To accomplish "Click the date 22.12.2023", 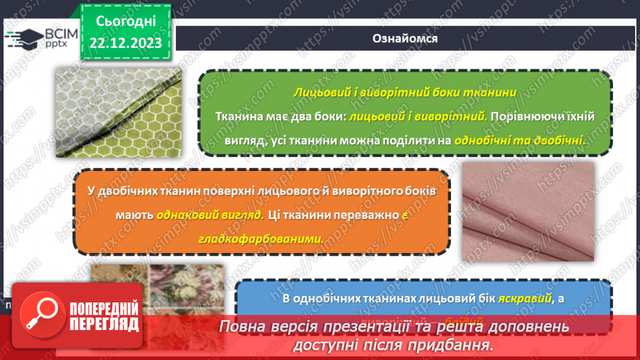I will tap(126, 43).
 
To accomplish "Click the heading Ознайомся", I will tap(405, 38).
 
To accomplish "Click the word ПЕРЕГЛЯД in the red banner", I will tap(104, 323).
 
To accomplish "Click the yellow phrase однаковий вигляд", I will tap(220, 215).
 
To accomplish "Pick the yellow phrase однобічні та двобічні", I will tap(519, 140).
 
